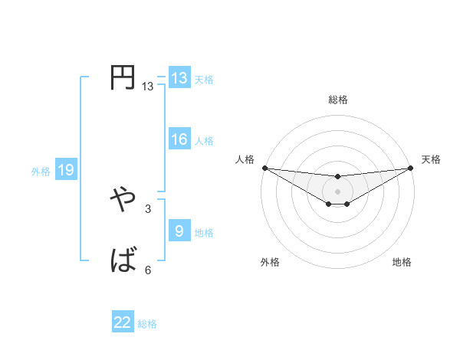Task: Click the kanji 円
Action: pyautogui.click(x=123, y=78)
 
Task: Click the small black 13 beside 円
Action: pyautogui.click(x=148, y=87)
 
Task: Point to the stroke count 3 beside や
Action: pyautogui.click(x=148, y=208)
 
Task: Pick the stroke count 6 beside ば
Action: pyautogui.click(x=148, y=270)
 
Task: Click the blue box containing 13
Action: pyautogui.click(x=179, y=78)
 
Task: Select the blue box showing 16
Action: pyautogui.click(x=179, y=139)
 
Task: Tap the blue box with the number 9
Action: pyautogui.click(x=179, y=231)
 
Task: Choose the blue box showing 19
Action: pyautogui.click(x=66, y=170)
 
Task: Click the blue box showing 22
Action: pyautogui.click(x=123, y=322)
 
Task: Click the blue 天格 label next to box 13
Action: pyautogui.click(x=204, y=79)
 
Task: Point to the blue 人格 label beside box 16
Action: pyautogui.click(x=204, y=140)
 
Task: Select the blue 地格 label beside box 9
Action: pyautogui.click(x=204, y=232)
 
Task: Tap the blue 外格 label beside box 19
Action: pyautogui.click(x=41, y=172)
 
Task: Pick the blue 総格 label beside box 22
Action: pyautogui.click(x=147, y=324)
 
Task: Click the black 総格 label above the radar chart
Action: pyautogui.click(x=338, y=100)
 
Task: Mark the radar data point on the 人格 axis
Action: pyautogui.click(x=264, y=168)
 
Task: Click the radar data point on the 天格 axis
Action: pyautogui.click(x=411, y=168)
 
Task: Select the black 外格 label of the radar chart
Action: pyautogui.click(x=270, y=262)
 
